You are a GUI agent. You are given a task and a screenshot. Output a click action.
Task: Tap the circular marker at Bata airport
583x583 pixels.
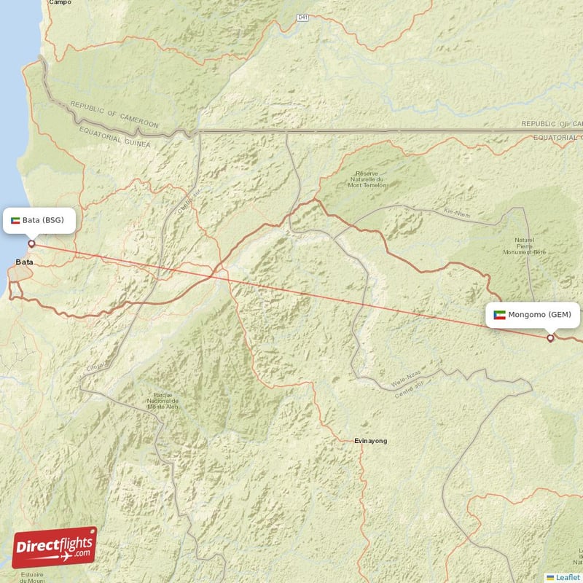pos(31,243)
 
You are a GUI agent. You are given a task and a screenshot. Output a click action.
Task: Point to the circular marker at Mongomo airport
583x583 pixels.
pos(550,337)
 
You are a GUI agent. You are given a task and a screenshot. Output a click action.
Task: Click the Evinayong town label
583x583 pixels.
pos(370,441)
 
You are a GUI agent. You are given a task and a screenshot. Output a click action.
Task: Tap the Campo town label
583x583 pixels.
pos(60,3)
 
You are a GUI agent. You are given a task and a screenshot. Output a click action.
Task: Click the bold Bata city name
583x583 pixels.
pos(24,262)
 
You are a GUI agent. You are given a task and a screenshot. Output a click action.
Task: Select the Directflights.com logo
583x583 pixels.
pos(54,547)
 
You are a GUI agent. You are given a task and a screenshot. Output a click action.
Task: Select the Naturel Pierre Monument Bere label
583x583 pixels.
pos(525,246)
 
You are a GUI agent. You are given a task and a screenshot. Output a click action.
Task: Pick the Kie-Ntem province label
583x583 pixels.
pos(458,214)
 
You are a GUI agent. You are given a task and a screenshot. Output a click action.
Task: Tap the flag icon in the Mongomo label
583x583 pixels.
pos(499,315)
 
